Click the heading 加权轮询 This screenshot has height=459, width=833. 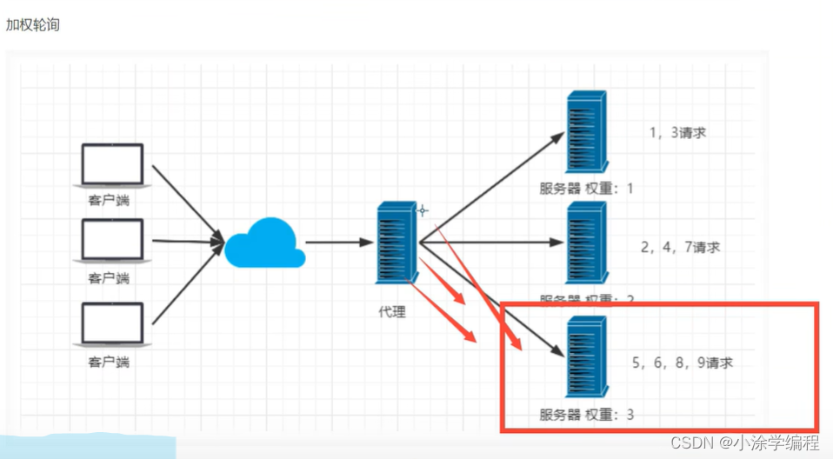(33, 24)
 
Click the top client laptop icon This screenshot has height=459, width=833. (113, 165)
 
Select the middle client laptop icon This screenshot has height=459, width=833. (113, 240)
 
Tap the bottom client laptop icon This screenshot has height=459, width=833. (113, 323)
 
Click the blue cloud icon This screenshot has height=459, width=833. (264, 243)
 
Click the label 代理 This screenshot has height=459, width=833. (392, 312)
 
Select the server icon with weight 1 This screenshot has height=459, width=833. (584, 134)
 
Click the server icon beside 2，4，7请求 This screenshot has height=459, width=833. (584, 243)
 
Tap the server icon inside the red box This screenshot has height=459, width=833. (584, 356)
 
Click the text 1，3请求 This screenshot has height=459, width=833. (677, 133)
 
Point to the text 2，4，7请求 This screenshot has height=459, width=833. (680, 247)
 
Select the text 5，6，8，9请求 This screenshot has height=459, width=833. (683, 363)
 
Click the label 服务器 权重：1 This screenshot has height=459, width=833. (587, 189)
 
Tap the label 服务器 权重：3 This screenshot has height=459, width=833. (587, 415)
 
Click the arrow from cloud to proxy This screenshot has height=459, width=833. (339, 243)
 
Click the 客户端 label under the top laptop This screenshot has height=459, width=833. (108, 200)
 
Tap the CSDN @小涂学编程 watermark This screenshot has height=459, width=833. (744, 442)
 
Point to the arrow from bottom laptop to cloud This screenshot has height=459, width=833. (187, 287)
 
